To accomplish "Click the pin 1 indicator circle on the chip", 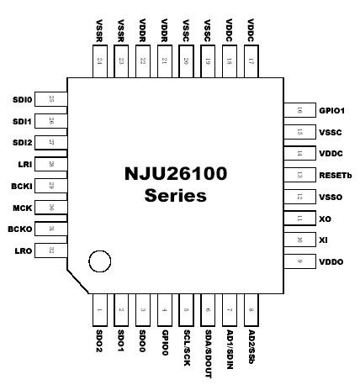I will pos(100,261).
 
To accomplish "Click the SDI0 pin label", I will pos(22,100).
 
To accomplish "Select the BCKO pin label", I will pos(21,229).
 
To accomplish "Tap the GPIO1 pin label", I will pos(332,110).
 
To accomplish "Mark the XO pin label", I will pos(325,218).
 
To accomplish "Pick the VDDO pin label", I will pos(331,262).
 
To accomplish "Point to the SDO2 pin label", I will pos(98,342).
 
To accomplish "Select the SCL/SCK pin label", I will pos(186,347).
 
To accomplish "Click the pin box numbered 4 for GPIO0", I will pos(164,311).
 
